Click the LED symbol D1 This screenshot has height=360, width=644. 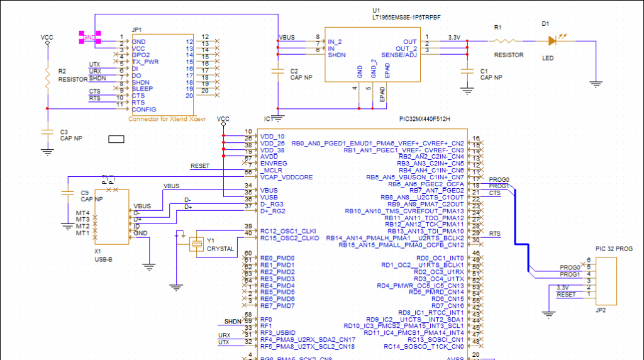(553, 41)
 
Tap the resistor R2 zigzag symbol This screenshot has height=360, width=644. (47, 78)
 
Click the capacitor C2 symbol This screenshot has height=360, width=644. (278, 71)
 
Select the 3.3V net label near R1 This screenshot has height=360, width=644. (454, 38)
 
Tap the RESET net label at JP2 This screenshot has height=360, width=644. (566, 295)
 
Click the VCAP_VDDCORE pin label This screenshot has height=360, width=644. (286, 177)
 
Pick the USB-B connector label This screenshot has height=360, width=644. (104, 258)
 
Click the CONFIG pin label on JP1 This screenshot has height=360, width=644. (144, 110)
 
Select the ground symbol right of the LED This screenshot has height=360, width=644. (596, 82)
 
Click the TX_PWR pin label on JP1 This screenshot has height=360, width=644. (146, 62)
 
